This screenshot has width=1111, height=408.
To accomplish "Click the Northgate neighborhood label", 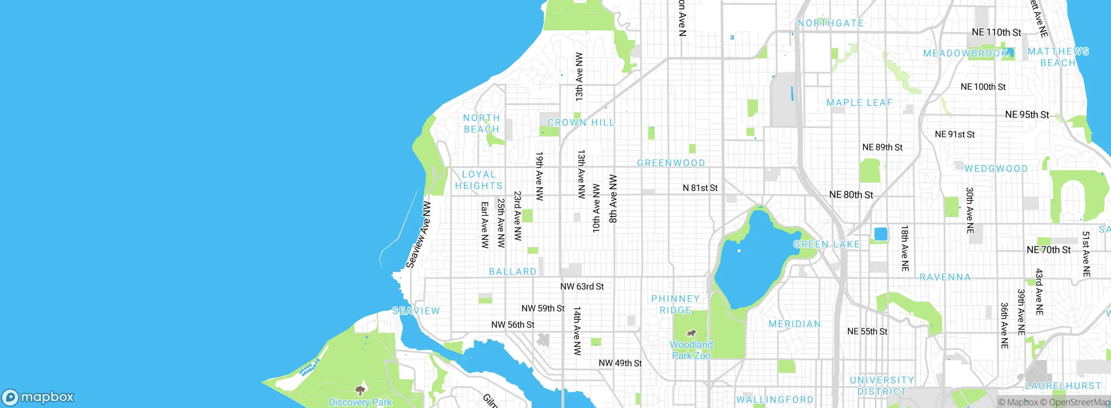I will click(x=830, y=23).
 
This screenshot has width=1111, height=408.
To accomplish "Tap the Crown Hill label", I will click(x=581, y=123).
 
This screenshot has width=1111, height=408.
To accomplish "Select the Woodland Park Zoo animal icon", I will click(x=691, y=333).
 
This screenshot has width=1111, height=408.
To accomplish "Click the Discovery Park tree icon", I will click(x=360, y=390).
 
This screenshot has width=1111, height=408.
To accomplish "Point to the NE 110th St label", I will click(x=996, y=33).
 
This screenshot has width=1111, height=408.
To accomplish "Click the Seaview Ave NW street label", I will click(x=418, y=235).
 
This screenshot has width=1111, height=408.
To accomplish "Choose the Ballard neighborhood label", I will click(x=513, y=272).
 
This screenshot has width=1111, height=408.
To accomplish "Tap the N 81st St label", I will click(x=700, y=188).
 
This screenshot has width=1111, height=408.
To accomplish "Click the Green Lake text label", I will click(x=826, y=244).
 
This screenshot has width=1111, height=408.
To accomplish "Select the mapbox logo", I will click(x=38, y=397).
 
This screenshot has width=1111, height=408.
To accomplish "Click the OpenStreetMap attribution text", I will click(x=1076, y=402).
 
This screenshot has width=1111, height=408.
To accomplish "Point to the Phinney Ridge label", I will click(x=675, y=304).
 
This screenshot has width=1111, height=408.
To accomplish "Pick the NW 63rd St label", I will click(x=582, y=286).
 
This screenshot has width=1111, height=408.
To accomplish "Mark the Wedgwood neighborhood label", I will click(x=996, y=169).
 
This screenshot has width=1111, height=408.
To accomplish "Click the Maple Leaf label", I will click(x=859, y=103).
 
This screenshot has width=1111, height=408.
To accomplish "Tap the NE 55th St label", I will click(x=867, y=332).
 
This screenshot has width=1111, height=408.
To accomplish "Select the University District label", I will click(x=882, y=386).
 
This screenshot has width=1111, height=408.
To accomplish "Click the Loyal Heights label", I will click(x=479, y=180).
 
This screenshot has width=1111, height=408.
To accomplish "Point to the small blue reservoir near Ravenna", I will click(x=881, y=234).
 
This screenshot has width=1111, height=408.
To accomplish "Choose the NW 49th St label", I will click(x=620, y=363).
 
